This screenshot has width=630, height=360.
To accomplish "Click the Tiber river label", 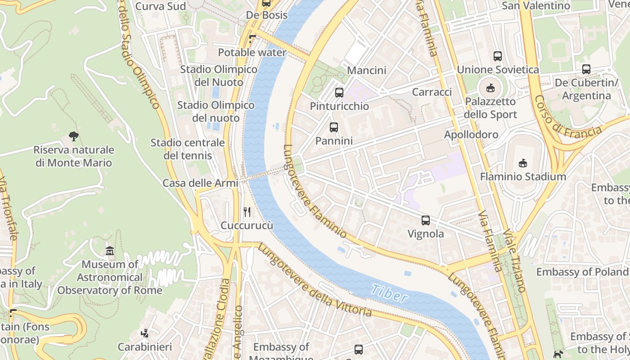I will point(389,293).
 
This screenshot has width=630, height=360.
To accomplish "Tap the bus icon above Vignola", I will point(425,220).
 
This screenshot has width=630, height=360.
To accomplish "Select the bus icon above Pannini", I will point(333,127).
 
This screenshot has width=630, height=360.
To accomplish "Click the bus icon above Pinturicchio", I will point(339,93).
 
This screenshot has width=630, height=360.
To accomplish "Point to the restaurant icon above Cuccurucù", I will point(247,212).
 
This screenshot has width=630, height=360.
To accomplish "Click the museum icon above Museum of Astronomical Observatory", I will point(110,251).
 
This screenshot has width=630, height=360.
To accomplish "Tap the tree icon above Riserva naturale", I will point(74,136).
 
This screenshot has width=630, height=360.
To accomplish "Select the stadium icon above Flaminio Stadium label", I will point(522,163).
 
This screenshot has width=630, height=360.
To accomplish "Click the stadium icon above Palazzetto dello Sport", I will point(490,88).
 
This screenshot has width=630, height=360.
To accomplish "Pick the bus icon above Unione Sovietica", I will point(498,56).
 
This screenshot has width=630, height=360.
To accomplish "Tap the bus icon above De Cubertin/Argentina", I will point(586,69).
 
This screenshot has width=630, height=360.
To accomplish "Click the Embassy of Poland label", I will point(582,272).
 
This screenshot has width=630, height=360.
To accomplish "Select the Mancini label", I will point(367,71).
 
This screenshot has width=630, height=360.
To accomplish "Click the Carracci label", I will point(432,92).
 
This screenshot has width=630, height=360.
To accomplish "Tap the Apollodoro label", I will point(471,135).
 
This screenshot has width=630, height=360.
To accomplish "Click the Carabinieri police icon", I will point(144,333).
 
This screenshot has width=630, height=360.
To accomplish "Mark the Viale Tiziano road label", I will point(515,261).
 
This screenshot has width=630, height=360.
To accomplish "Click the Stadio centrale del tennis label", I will point(187,149).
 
